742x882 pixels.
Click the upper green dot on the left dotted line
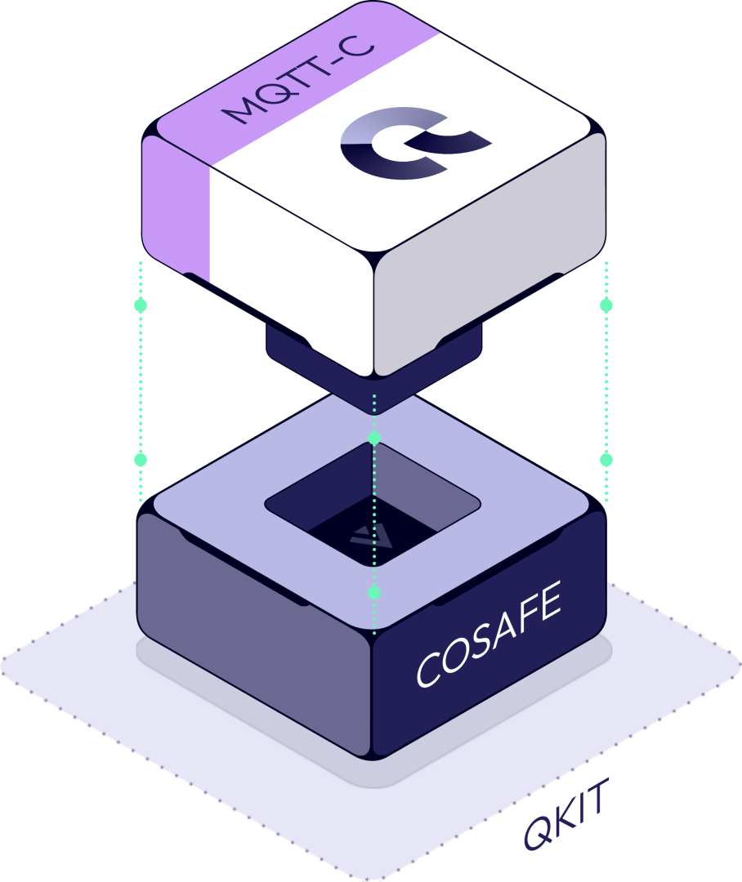(x=141, y=305)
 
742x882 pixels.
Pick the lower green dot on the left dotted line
(x=141, y=460)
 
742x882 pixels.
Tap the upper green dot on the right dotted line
(x=606, y=305)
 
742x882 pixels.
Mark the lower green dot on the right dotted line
(x=606, y=460)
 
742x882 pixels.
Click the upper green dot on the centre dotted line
(x=374, y=439)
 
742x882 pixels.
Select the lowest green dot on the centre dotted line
(x=374, y=591)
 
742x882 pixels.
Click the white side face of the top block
(x=290, y=261)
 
